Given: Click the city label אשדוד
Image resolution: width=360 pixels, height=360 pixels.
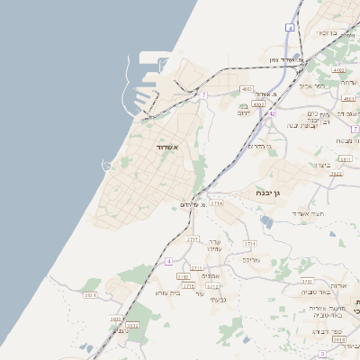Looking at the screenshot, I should point(169,147).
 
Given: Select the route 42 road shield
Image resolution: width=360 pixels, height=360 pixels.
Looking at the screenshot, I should point(271,114).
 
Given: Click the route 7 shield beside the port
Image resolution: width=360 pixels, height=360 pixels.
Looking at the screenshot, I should point(204,94).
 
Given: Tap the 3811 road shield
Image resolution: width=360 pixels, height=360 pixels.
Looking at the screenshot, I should point(346,159).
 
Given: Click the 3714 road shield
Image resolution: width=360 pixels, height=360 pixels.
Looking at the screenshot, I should point(217,204).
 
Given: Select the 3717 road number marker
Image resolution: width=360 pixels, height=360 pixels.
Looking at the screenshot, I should point(193,239).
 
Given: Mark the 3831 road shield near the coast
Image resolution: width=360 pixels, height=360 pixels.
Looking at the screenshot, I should point(89,295).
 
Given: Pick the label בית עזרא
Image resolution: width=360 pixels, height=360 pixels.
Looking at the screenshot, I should point(168,292).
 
